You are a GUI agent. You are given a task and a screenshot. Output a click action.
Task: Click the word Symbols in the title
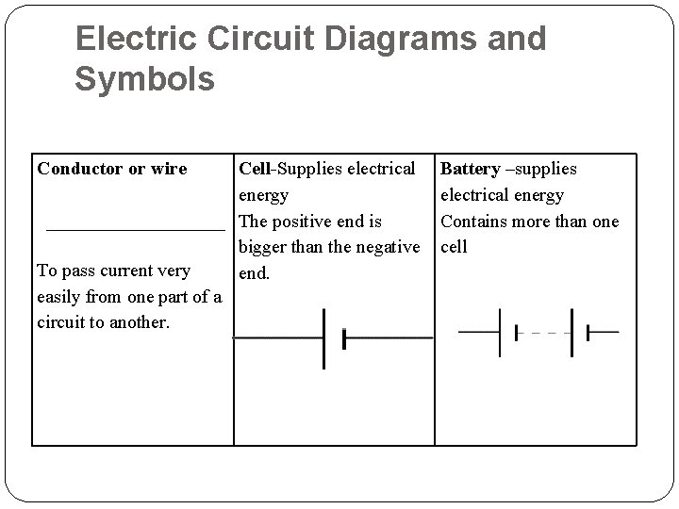click(144, 79)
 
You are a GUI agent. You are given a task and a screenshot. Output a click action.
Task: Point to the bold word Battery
click(470, 169)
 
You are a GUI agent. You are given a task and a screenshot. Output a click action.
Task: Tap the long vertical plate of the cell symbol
click(324, 337)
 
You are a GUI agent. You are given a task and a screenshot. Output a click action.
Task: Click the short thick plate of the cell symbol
click(344, 337)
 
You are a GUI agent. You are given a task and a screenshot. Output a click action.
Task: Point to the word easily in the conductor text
click(61, 297)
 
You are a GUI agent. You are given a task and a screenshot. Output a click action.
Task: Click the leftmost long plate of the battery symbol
click(500, 332)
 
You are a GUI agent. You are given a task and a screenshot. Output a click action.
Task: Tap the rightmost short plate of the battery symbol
click(588, 332)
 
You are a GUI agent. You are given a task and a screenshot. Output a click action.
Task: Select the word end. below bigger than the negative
click(255, 273)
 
